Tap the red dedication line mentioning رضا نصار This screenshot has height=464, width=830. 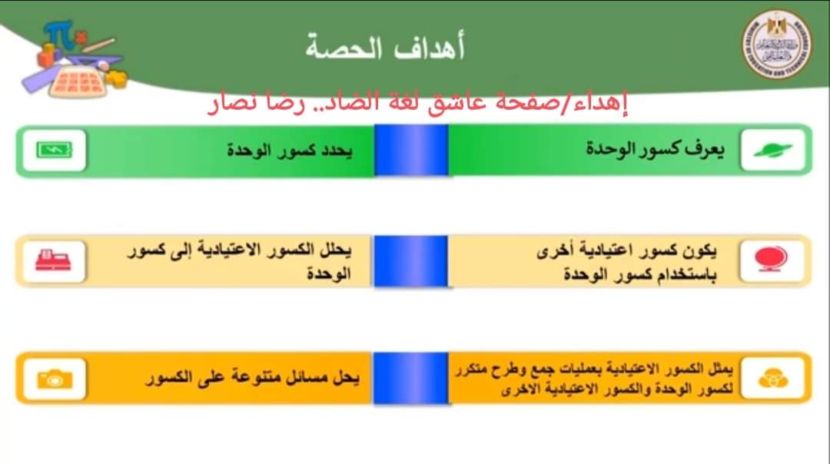(420, 103)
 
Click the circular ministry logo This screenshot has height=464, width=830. (779, 45)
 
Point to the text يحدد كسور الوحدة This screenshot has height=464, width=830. (289, 150)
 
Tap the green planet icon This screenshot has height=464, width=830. (772, 151)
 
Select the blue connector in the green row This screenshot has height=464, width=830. (411, 150)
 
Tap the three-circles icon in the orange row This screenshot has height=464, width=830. (772, 378)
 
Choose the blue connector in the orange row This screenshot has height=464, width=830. (411, 378)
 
